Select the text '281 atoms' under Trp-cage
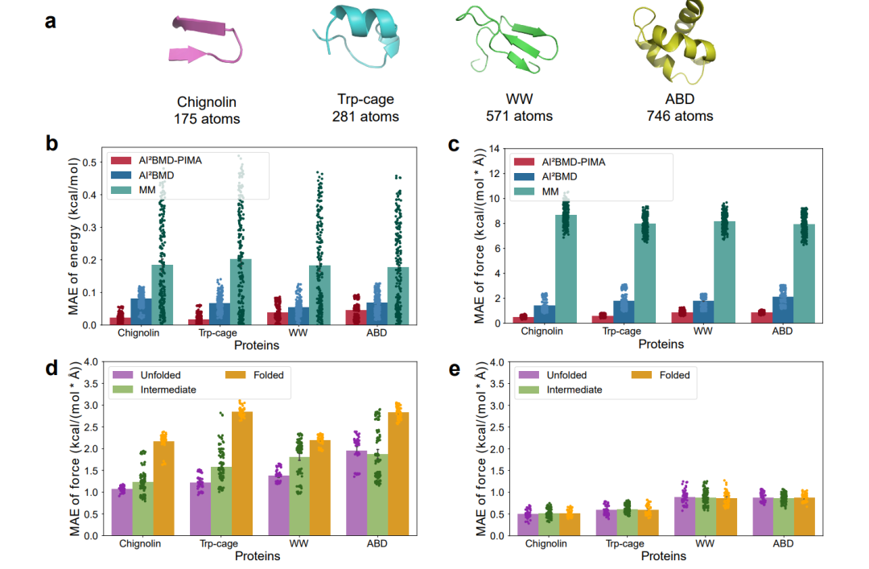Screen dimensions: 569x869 coord(365,116)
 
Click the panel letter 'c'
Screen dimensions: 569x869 coord(453,146)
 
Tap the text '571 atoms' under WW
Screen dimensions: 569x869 coord(518,116)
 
